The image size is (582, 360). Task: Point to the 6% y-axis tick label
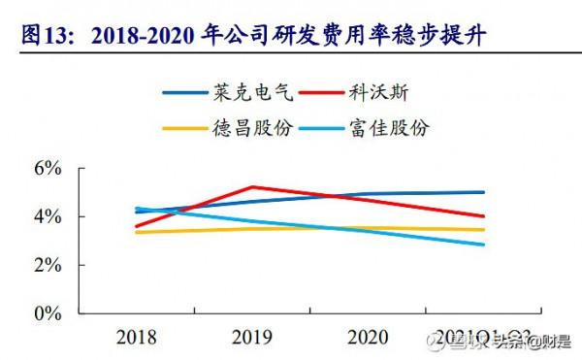(48, 167)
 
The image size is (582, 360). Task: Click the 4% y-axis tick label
(48, 216)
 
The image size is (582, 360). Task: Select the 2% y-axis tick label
(48, 265)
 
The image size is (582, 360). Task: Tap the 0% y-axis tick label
(48, 314)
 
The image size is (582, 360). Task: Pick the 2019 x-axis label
(252, 338)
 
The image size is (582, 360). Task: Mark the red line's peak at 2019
(252, 186)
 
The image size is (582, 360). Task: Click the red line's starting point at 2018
(137, 226)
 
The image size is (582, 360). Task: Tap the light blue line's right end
(484, 245)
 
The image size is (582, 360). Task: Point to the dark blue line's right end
(484, 192)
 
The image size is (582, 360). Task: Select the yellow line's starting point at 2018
(137, 232)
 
